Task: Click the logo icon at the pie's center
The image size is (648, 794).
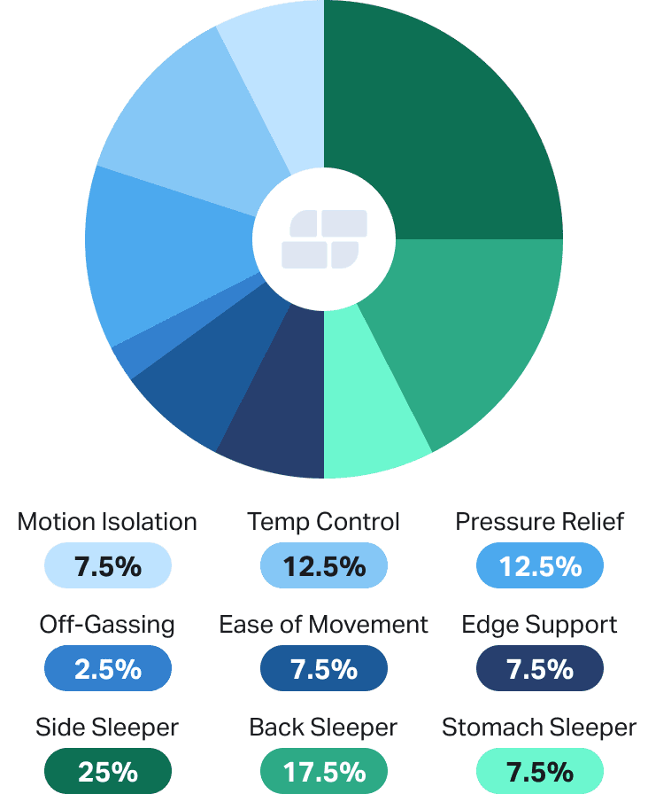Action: point(324,239)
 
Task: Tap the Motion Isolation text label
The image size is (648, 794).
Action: point(107,522)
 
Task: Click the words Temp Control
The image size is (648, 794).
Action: point(323,522)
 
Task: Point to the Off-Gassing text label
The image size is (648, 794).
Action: point(107,625)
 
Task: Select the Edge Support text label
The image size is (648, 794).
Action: point(539,625)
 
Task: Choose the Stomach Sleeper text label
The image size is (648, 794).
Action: point(539,728)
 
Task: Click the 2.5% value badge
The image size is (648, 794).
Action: point(107,668)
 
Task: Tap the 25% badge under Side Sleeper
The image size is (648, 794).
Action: point(107,771)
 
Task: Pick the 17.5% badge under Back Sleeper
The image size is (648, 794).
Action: point(323,771)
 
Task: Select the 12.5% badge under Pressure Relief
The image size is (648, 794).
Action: point(539,565)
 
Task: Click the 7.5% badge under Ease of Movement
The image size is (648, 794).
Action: point(323,668)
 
